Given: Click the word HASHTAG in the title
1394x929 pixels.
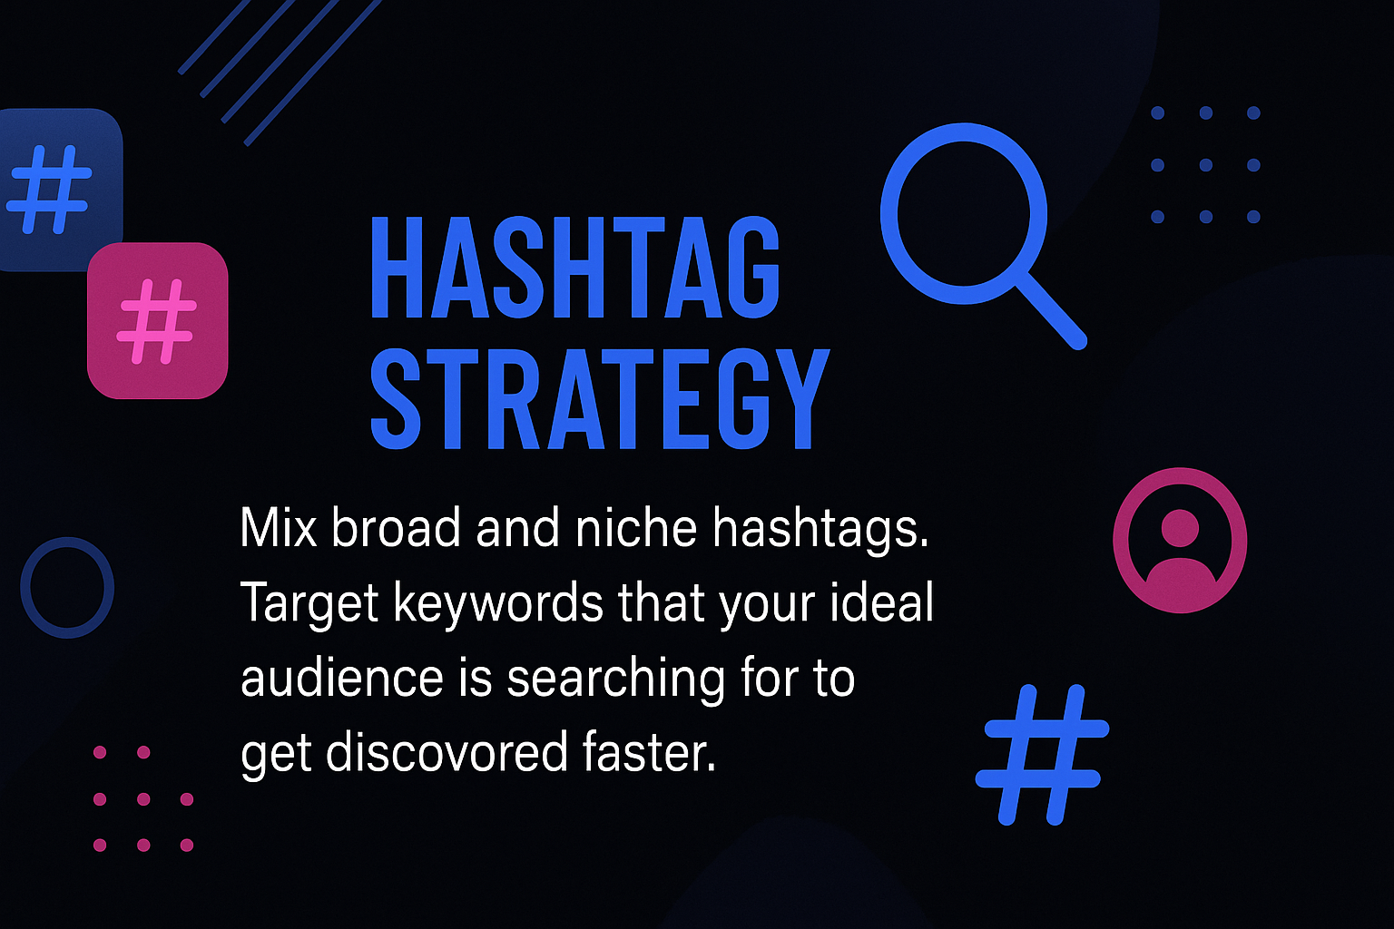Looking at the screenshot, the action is pos(575,268).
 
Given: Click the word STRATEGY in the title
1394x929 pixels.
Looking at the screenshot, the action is pos(600,398).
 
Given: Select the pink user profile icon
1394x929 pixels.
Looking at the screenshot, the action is pos(1179,540).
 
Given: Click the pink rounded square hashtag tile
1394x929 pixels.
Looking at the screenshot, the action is pos(157,320).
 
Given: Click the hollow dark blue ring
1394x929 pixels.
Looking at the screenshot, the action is pos(25,587).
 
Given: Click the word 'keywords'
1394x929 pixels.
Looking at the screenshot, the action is pos(498,603).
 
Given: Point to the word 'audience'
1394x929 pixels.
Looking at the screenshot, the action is pos(341,678).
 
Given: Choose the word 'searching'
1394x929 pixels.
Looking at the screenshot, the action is pos(615,680).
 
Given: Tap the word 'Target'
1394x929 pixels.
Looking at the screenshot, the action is pos(309,603).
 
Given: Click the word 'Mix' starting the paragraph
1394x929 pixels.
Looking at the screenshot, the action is pos(279,528).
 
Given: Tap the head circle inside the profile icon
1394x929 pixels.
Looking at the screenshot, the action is pos(1180,528).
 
